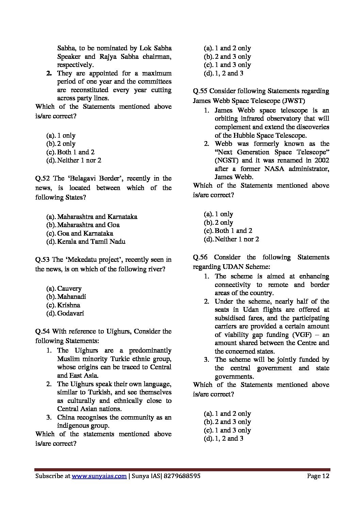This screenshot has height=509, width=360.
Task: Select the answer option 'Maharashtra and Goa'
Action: point(88,225)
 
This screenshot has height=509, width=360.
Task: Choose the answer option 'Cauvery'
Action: point(69,289)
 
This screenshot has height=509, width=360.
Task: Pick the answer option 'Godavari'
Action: point(70,313)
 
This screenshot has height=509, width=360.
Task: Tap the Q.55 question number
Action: point(200,91)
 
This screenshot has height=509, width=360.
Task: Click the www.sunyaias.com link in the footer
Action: point(99,476)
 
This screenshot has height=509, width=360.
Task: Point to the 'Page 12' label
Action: point(318,476)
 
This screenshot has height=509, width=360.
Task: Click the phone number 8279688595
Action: point(182,476)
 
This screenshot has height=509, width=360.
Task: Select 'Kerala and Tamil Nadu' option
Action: point(91,242)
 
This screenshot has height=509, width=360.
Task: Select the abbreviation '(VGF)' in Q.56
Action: point(302,335)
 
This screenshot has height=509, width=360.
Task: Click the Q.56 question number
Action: point(201,257)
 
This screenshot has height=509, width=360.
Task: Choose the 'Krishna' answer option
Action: point(68,305)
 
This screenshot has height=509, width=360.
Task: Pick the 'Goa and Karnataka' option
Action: point(85,234)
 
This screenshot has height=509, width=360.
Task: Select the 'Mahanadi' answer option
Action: point(71,297)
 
